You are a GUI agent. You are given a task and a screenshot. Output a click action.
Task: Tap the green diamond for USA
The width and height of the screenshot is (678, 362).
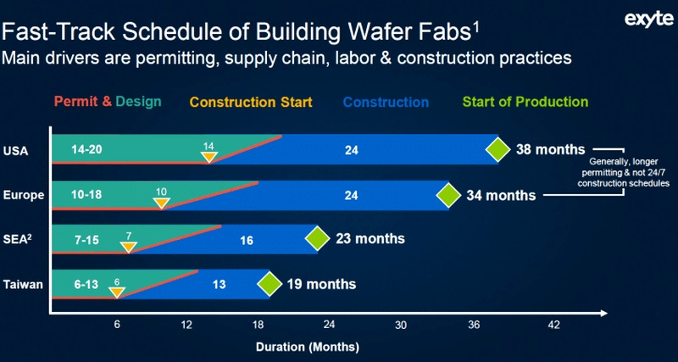coord(498,150)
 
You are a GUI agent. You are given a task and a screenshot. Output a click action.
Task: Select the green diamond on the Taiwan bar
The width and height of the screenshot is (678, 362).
coord(270,284)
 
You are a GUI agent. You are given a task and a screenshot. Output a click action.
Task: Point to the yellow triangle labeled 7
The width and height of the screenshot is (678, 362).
coord(129,246)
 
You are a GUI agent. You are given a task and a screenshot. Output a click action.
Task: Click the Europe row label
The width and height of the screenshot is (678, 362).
coord(23,195)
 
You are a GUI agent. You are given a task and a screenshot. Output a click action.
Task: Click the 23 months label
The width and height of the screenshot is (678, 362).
coord(370,239)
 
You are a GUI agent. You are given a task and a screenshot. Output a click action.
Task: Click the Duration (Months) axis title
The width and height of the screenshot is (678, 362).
coord(308,347)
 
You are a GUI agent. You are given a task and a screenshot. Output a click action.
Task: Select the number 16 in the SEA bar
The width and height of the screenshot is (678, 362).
coord(247,240)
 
